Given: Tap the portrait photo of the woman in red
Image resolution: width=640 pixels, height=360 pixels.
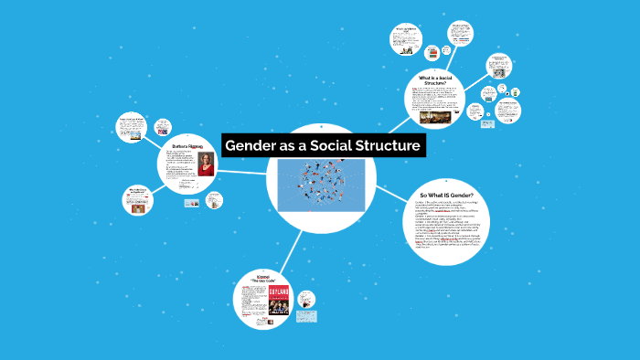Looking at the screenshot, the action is [x=206, y=164].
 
